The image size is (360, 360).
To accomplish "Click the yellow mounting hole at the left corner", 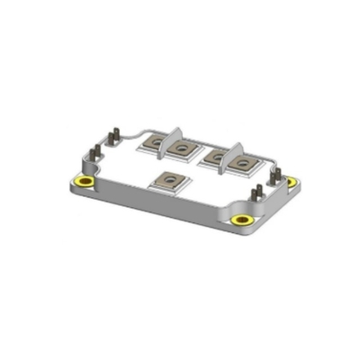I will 85,184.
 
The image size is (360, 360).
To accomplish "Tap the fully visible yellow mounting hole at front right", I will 240,220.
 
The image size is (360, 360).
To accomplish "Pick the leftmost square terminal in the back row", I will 154,141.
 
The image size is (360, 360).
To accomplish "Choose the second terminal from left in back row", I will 184,148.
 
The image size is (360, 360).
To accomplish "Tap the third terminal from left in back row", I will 216,155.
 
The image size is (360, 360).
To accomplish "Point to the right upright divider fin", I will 239,148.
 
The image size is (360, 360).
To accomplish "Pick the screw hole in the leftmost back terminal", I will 154,141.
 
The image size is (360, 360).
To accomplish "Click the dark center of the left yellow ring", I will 85,184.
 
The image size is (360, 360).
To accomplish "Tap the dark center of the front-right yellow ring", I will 240,220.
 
